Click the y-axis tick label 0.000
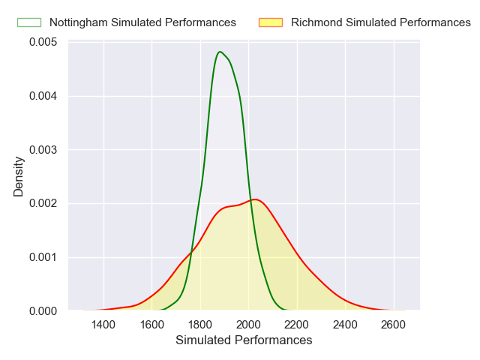(x=44, y=310)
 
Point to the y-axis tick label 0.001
(x=44, y=257)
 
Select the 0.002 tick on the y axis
(x=44, y=203)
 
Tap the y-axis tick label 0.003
(x=44, y=149)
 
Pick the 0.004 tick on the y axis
(x=44, y=96)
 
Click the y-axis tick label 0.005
(x=44, y=42)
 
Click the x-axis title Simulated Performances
(x=244, y=340)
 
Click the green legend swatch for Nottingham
(x=29, y=22)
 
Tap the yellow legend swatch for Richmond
(x=271, y=22)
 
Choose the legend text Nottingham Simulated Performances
(x=142, y=22)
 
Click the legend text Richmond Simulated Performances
(x=381, y=22)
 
